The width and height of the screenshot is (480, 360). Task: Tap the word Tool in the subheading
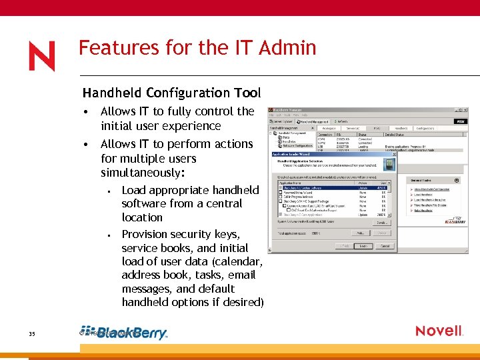coord(248,93)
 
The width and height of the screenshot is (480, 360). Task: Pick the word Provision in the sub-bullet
coord(147,234)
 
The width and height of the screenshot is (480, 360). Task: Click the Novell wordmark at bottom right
coord(439,331)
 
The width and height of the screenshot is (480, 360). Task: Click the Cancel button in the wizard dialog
coord(385,246)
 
